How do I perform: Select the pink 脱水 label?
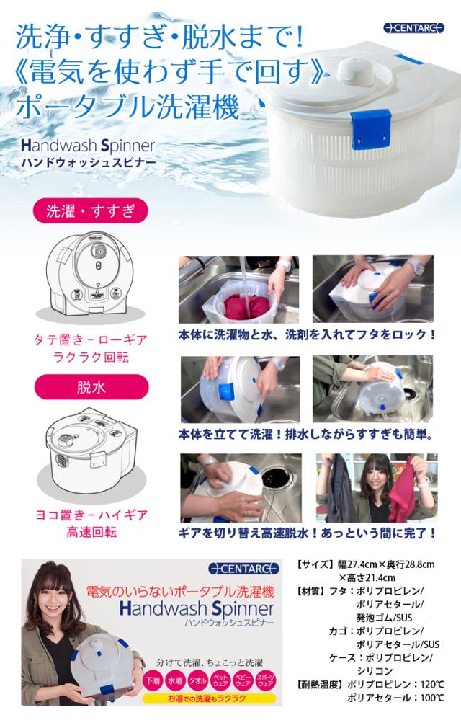click(x=91, y=387)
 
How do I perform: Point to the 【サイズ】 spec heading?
click(x=312, y=564)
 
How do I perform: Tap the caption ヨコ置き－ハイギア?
click(x=91, y=515)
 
